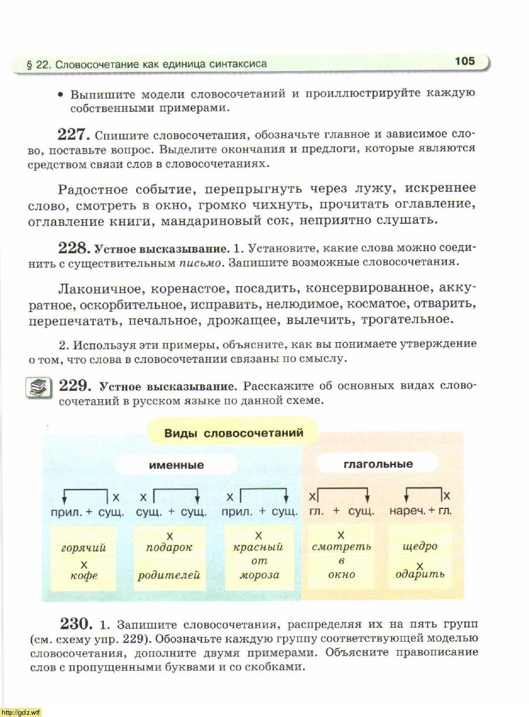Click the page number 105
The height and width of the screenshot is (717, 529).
465,61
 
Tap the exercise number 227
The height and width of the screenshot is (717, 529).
74,135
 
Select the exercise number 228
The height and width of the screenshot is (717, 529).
74,248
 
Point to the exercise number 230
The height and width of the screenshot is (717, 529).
76,624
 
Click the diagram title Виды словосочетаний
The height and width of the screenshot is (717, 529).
234,433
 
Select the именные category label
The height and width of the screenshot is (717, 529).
177,465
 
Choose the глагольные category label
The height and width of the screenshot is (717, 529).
378,464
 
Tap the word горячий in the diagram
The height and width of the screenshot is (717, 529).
83,548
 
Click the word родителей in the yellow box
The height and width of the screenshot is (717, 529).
169,576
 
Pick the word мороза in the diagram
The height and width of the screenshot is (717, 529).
259,575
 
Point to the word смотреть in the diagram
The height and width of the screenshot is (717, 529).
341,547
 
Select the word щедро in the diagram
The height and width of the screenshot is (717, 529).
420,547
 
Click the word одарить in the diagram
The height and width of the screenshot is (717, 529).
420,574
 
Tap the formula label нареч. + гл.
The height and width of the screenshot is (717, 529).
420,511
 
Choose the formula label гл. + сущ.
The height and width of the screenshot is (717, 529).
341,511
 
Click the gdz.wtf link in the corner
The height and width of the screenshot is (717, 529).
21,712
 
